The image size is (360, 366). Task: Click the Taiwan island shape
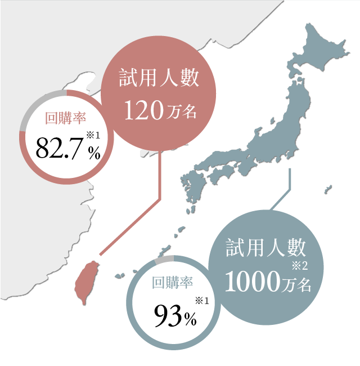tap(87, 282)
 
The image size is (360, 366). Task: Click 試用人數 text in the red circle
tap(159, 78)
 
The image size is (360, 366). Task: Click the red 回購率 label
tap(65, 118)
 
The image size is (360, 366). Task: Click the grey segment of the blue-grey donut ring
tap(164, 260)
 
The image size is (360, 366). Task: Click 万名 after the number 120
tap(183, 111)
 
